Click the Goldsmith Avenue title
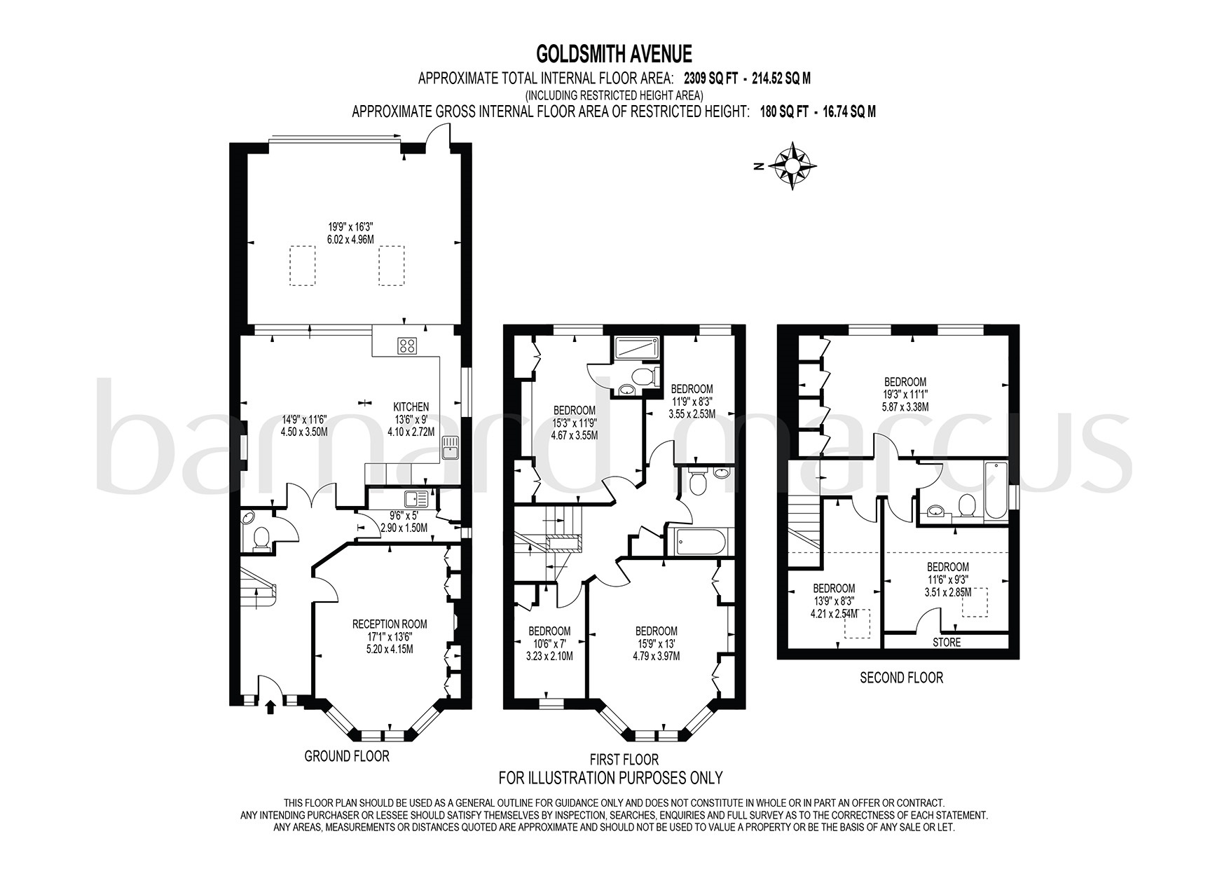point(614,54)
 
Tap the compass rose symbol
point(792,166)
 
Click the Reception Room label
point(389,624)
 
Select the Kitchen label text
point(411,406)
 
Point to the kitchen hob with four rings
point(407,345)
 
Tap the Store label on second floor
point(946,642)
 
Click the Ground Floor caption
point(346,756)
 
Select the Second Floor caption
point(901,678)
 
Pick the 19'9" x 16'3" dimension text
point(350,226)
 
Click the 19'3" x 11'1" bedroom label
point(905,394)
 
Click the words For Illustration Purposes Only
point(610,777)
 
